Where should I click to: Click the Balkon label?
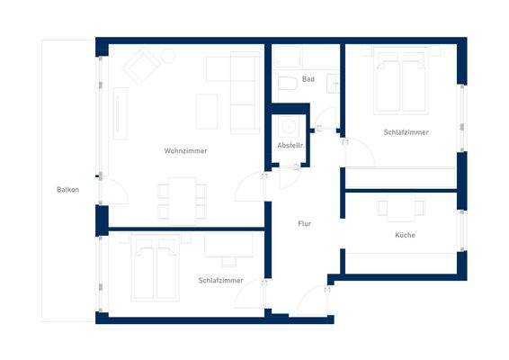[67, 189]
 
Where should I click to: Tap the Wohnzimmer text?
[185, 150]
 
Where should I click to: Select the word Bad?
[308, 79]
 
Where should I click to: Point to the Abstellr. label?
[290, 145]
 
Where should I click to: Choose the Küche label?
[405, 235]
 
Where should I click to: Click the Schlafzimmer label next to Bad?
[406, 132]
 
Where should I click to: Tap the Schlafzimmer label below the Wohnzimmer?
[220, 281]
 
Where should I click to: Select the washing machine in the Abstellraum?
[290, 127]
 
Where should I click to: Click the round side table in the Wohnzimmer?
[167, 55]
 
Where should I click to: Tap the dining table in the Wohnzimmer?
[183, 199]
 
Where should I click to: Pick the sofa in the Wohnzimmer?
[242, 91]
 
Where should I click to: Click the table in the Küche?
[400, 209]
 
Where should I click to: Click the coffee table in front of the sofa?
[208, 109]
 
